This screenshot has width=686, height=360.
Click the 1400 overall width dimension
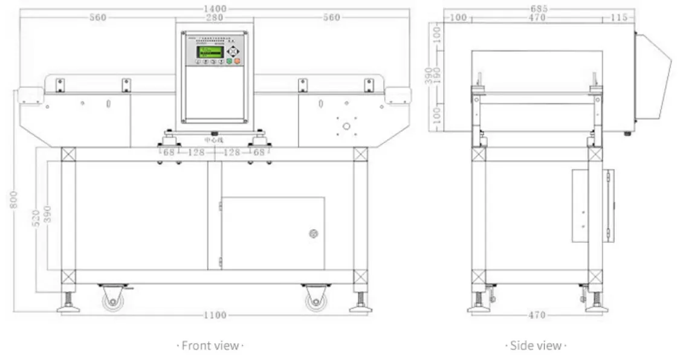coord(215,8)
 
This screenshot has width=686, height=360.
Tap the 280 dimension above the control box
coord(215,18)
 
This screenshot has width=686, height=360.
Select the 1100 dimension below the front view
coord(215,315)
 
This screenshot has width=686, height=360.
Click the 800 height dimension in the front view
coord(14,199)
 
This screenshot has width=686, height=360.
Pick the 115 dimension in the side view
coord(618,18)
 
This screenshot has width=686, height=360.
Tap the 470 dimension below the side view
coord(537,315)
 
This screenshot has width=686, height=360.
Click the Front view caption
coord(210,346)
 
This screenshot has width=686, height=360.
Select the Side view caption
coord(536,346)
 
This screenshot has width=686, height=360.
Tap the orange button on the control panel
coord(237,61)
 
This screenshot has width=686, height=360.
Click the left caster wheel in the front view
coord(112,299)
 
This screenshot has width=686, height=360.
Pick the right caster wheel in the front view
coord(315,299)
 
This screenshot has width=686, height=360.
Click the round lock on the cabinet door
coord(313,234)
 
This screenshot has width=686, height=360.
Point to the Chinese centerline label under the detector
coord(214,140)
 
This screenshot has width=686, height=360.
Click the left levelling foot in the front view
coord(68,303)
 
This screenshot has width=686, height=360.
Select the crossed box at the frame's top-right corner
coord(360,154)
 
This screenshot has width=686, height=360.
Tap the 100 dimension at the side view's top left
coord(459,18)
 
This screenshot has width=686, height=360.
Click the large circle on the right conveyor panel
coord(346,126)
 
